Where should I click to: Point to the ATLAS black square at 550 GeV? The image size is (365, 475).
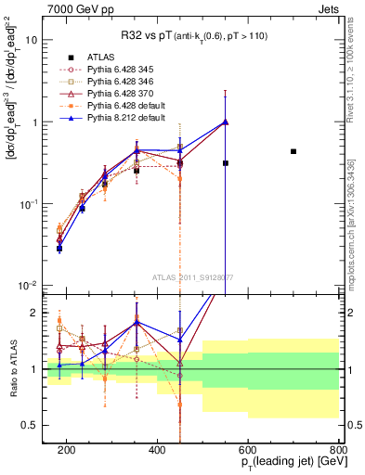tap(226, 163)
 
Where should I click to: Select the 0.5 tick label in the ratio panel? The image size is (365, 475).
tap(37, 425)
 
